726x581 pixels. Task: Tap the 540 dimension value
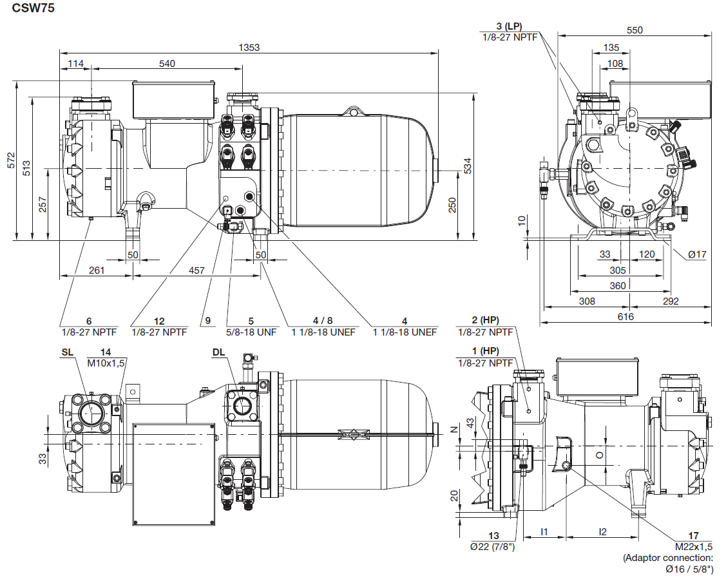[x=167, y=63]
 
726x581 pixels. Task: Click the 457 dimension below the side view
[x=196, y=271]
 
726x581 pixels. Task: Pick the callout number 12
[x=159, y=321]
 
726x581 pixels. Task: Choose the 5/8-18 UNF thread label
[x=251, y=332]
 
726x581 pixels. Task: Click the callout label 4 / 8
[x=323, y=321]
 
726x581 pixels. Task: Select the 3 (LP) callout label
[x=508, y=26]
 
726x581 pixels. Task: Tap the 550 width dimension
[x=635, y=30]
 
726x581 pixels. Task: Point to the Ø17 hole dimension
[x=697, y=254]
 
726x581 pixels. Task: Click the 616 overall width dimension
[x=625, y=316]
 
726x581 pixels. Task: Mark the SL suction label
[x=68, y=352]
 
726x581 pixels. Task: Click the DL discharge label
[x=218, y=352]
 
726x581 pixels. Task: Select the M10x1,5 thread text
[x=106, y=363]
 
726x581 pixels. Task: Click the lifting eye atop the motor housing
[x=352, y=111]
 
